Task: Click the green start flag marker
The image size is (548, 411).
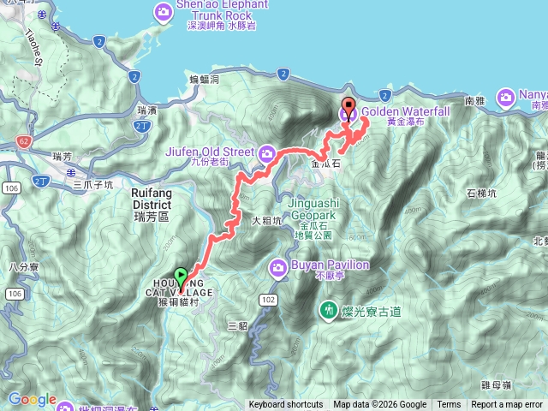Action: (181, 277)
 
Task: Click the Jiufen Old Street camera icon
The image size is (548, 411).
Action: (266, 153)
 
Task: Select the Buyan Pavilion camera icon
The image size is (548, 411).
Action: (278, 268)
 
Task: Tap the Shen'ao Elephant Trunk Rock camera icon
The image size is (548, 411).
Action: (164, 12)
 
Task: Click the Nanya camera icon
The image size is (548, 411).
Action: (506, 97)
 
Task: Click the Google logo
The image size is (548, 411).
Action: (32, 399)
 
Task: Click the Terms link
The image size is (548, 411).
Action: (449, 405)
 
